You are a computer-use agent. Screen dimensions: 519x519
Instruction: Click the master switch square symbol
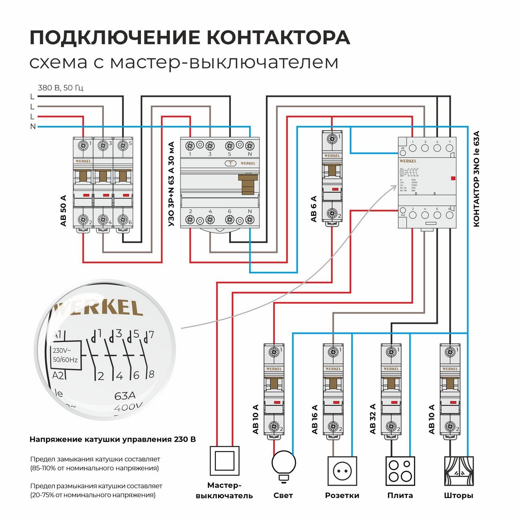tap(224, 462)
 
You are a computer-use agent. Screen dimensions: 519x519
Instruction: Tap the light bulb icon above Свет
tap(283, 464)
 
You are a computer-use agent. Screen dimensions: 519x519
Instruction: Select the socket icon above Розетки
tap(342, 471)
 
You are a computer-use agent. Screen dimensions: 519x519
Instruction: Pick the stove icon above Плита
tap(400, 471)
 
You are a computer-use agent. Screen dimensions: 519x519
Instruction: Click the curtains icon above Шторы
tap(459, 471)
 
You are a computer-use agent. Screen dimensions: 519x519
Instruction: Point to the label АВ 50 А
tap(64, 211)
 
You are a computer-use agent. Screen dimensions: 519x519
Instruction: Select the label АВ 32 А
tap(372, 419)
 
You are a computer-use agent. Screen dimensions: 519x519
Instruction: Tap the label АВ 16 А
tap(314, 419)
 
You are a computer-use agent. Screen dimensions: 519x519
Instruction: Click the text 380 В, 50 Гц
tap(61, 88)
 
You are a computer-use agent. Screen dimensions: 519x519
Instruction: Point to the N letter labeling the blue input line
tap(33, 127)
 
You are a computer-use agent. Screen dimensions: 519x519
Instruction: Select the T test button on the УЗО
tap(231, 163)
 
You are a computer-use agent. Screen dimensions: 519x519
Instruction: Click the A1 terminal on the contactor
tap(403, 151)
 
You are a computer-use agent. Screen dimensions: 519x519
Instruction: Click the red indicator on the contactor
tap(453, 178)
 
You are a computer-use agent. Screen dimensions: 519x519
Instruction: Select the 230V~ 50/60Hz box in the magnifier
tap(65, 356)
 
